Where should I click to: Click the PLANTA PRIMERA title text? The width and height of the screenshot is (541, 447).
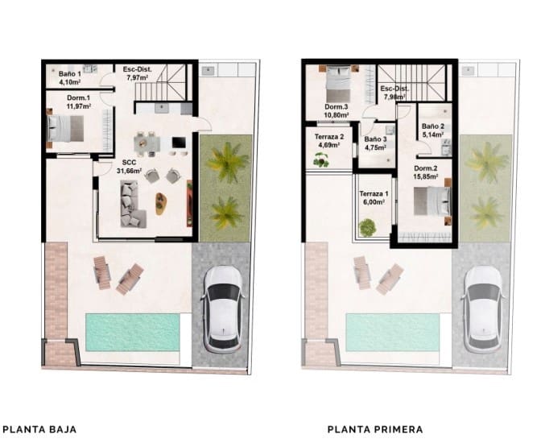(375, 429)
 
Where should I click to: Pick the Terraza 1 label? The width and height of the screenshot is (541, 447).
(374, 199)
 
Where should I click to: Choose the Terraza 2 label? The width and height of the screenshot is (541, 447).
(329, 141)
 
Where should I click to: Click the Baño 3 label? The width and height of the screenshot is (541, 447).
(376, 143)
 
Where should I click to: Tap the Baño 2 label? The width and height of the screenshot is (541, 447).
(433, 131)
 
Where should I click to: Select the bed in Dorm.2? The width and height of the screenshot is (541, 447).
(429, 201)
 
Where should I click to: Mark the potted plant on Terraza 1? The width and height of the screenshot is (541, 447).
(366, 229)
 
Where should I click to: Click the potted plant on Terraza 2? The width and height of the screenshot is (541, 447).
(322, 161)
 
